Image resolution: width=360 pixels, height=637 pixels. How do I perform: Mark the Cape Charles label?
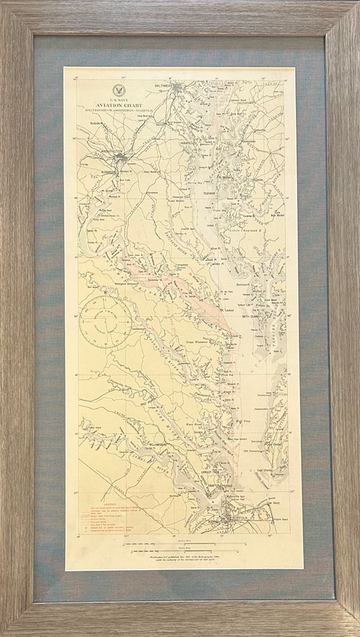pyautogui.click(x=263, y=472)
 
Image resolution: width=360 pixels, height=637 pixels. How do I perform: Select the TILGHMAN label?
pyautogui.click(x=215, y=192)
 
